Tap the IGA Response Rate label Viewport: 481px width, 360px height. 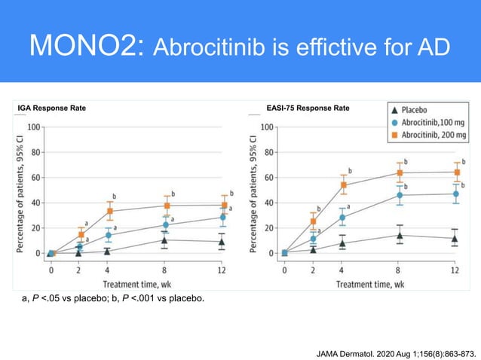52,108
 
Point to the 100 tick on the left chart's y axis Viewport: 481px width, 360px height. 34,127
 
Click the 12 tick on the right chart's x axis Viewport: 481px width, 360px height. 455,269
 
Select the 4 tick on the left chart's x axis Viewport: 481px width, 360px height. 109,269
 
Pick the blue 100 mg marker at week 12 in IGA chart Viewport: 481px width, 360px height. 222,218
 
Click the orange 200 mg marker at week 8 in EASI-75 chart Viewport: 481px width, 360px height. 399,173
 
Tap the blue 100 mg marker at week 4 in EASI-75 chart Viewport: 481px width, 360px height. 342,218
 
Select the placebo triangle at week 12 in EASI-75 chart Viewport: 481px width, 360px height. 455,239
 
